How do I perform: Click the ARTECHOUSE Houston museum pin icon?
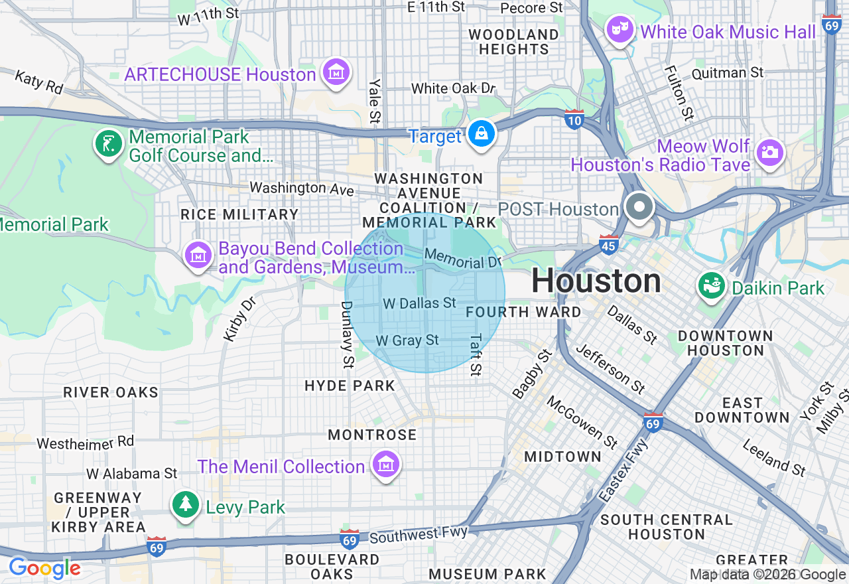click(x=336, y=73)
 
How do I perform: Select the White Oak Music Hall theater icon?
click(x=620, y=30)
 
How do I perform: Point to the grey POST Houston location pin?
click(x=639, y=207)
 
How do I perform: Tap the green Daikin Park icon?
click(x=711, y=287)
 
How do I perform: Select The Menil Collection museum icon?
click(x=385, y=465)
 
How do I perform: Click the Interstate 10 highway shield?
click(x=574, y=119)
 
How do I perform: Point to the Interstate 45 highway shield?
click(x=609, y=244)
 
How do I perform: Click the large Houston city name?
click(x=596, y=281)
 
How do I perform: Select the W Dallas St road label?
click(x=420, y=303)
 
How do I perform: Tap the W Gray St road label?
click(x=407, y=340)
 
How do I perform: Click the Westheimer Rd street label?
click(x=85, y=443)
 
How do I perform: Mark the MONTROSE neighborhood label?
click(x=372, y=435)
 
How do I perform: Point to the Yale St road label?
click(x=375, y=102)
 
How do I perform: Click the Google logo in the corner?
click(x=44, y=568)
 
